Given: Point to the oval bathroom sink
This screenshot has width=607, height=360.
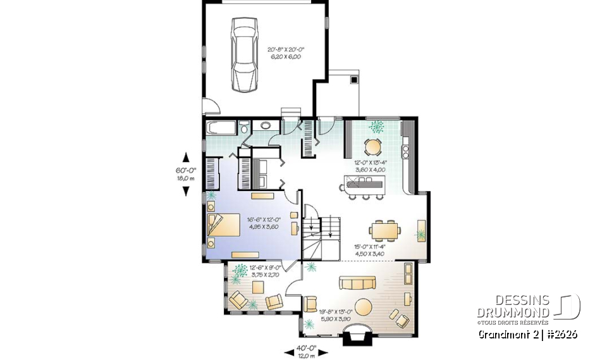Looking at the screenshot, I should [265, 126].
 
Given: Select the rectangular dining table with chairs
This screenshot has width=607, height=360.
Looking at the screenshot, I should [385, 228].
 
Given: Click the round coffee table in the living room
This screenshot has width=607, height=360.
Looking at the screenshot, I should [364, 307].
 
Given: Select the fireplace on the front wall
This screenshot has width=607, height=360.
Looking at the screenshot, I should [355, 338].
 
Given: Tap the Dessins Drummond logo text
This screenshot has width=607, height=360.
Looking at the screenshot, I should [513, 306].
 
